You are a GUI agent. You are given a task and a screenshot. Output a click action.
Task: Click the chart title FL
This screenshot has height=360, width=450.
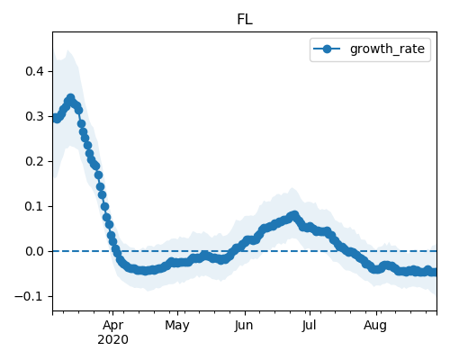click(245, 20)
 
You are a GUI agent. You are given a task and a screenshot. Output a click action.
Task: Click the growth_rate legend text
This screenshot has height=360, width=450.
click(387, 49)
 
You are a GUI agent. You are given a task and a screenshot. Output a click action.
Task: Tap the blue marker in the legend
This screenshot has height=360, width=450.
click(327, 49)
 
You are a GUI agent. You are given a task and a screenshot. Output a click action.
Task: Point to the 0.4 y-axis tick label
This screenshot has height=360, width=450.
click(34, 71)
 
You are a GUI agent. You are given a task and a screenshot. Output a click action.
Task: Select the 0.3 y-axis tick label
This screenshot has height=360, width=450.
click(34, 116)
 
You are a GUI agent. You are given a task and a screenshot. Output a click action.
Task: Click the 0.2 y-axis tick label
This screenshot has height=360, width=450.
click(34, 161)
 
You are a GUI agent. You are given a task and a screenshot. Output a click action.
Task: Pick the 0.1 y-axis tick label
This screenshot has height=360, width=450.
click(34, 206)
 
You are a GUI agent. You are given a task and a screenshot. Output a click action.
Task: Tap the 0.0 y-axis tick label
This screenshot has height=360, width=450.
click(34, 251)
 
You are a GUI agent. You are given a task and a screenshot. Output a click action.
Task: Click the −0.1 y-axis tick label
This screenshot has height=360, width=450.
click(30, 296)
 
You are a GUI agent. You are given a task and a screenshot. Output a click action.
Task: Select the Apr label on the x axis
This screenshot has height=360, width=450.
click(112, 325)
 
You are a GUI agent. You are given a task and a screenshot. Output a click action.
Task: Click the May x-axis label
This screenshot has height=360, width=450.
click(177, 325)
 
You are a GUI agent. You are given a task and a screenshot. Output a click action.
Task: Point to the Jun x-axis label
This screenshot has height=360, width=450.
click(244, 325)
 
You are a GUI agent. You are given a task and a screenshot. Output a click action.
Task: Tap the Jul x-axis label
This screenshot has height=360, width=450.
click(309, 325)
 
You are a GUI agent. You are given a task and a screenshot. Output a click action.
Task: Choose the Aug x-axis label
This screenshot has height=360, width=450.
click(375, 325)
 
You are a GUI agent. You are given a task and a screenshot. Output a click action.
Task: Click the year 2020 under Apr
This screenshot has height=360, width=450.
click(112, 339)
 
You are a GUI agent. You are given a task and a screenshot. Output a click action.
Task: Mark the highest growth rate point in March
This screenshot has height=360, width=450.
click(71, 98)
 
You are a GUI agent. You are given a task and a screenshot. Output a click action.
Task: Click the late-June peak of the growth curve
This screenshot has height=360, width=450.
click(294, 215)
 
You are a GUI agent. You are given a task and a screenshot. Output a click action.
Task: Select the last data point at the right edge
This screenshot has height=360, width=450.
click(434, 272)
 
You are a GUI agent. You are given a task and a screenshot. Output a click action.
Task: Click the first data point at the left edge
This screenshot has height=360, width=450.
click(55, 117)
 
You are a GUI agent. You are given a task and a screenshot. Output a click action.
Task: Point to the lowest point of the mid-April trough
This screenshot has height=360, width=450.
click(145, 271)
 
